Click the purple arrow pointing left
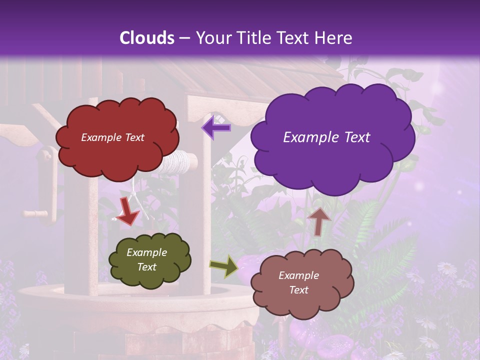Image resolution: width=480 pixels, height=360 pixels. pos(216,127)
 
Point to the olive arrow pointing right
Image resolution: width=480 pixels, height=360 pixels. pos(224,266)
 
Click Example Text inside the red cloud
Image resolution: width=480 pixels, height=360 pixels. pos(112,137)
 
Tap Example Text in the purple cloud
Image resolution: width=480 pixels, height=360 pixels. pos(326,137)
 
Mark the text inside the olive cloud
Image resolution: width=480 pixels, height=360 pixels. pos(146,259)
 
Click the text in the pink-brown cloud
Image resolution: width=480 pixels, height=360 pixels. pos(298,282)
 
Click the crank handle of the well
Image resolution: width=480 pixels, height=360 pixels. pos(36,213)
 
